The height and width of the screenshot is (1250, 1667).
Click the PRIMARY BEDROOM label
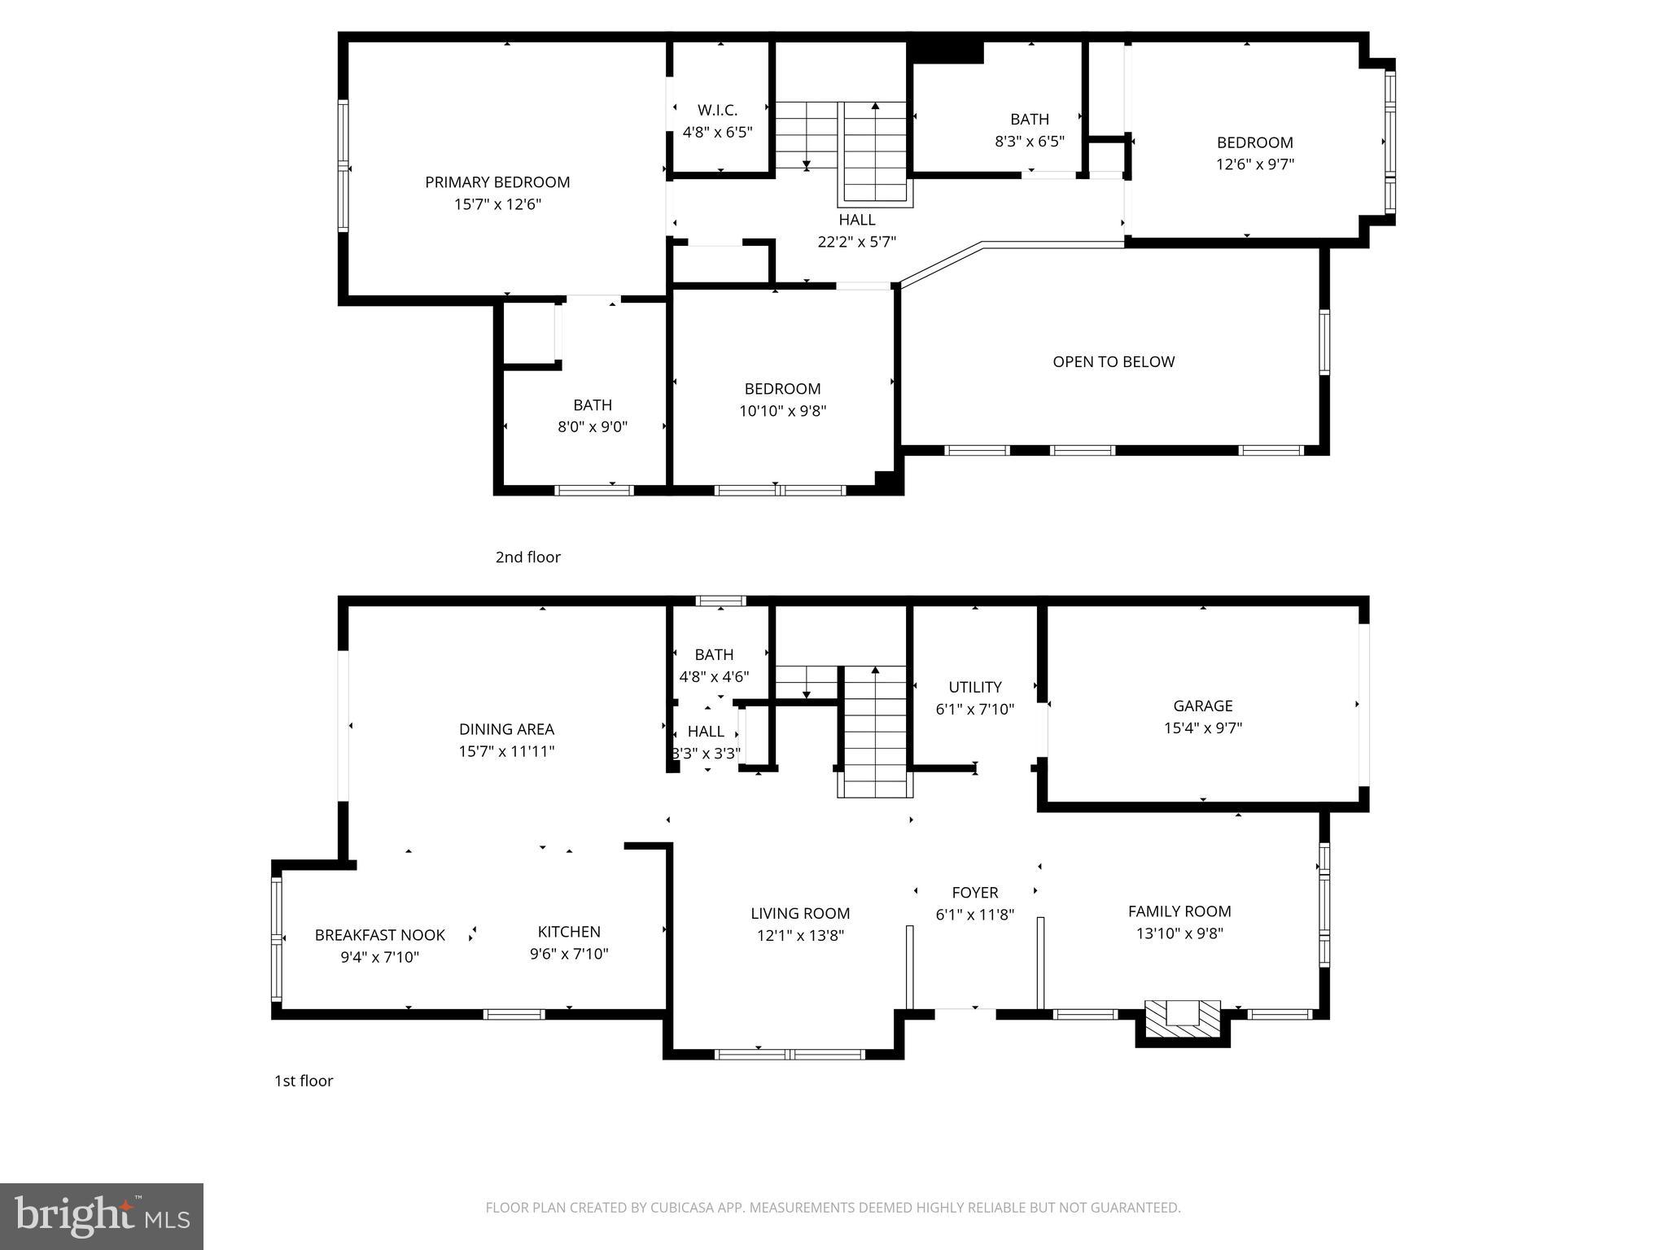pos(497,182)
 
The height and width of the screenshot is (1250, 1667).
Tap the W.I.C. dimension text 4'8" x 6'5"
pos(717,132)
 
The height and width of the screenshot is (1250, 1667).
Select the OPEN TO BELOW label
pos(1114,362)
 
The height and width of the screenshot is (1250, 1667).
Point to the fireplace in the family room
pos(1183,1016)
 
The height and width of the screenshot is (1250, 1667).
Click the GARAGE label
pos(1202,706)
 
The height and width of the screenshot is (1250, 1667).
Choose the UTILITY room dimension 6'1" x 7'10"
pos(974,709)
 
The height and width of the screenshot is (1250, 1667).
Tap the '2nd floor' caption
pos(527,557)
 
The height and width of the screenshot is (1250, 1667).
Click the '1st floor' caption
pos(304,1081)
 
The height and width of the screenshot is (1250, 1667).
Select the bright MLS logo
pos(102,1216)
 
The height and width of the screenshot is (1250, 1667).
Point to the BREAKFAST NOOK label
pos(379,935)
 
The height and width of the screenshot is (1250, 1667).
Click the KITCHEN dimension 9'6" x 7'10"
pos(569,954)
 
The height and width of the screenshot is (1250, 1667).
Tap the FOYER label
pos(974,893)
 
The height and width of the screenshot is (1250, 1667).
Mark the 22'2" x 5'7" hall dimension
pos(856,242)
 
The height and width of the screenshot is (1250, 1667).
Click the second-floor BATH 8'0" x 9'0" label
pos(592,405)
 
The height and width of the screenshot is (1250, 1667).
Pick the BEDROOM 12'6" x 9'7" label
pos(1254,142)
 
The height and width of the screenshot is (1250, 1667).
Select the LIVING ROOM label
pos(800,914)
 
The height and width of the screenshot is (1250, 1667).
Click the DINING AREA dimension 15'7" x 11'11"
pos(506,751)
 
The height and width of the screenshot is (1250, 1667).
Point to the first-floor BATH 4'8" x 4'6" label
pos(714,655)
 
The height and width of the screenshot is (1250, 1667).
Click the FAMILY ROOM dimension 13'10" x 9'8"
pos(1179,933)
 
